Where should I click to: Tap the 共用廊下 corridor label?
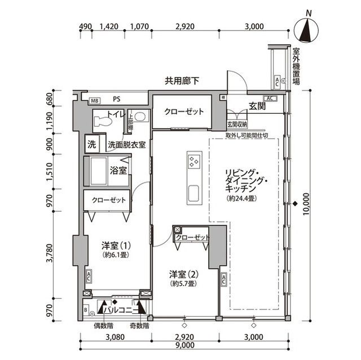[182, 81]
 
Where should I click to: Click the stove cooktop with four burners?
[193, 163]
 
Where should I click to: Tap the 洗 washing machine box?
[91, 144]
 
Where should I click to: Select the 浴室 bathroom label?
[117, 168]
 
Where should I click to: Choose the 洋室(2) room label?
[184, 274]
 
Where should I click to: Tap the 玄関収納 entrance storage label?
[237, 124]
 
